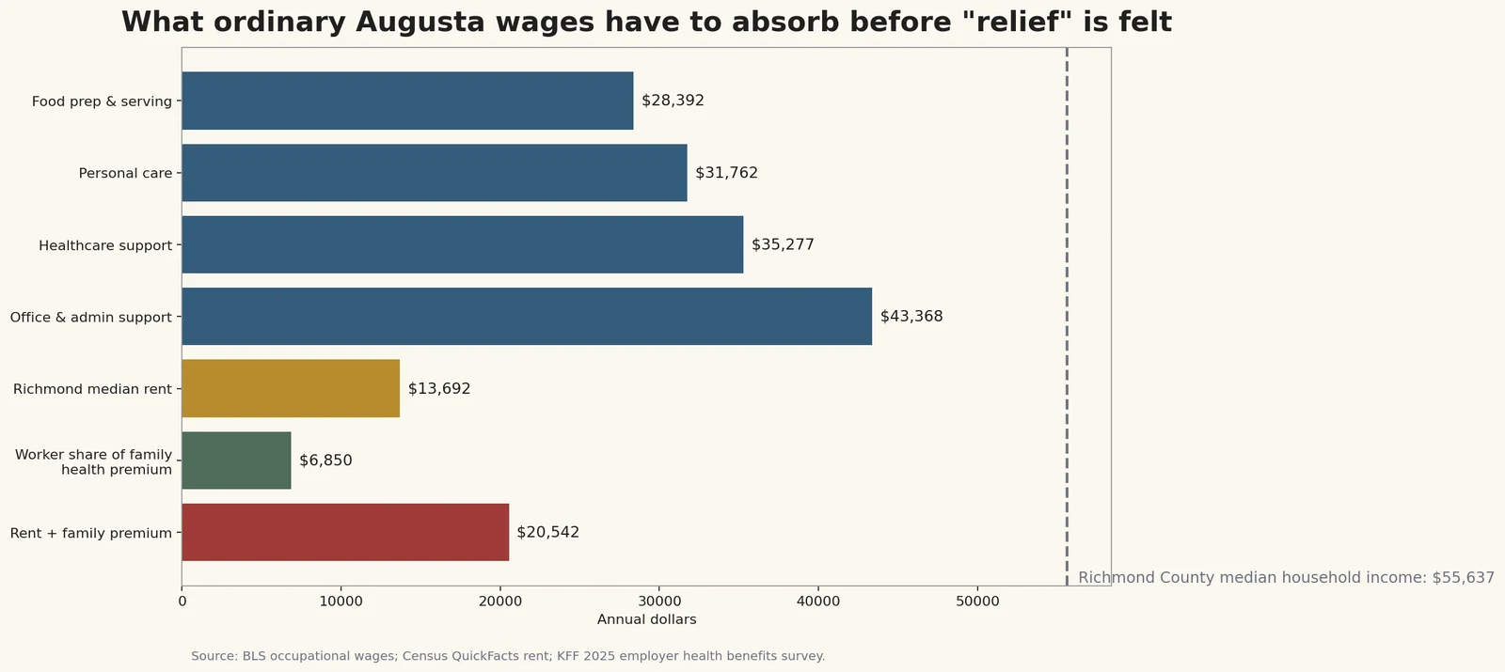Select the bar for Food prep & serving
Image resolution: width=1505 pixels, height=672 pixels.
point(407,101)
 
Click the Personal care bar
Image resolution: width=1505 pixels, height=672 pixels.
point(434,173)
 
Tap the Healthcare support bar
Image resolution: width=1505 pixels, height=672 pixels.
point(462,244)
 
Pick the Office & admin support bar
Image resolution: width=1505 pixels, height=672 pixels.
point(527,317)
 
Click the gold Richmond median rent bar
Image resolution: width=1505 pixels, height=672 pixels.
point(291,388)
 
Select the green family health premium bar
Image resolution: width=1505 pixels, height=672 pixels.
point(236,461)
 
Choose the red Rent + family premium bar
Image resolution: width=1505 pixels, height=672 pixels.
point(345,532)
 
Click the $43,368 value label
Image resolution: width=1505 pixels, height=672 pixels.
point(911,317)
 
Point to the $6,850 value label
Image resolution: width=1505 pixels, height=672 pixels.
point(325,461)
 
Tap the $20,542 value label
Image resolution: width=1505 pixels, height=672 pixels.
point(547,532)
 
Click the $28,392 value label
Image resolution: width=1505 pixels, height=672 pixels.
point(673,101)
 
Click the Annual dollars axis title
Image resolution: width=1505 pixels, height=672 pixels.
point(646,619)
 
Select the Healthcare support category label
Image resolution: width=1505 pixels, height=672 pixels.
point(105,245)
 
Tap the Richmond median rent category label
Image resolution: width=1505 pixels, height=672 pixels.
point(92,389)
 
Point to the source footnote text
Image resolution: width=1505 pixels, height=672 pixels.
point(508,656)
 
